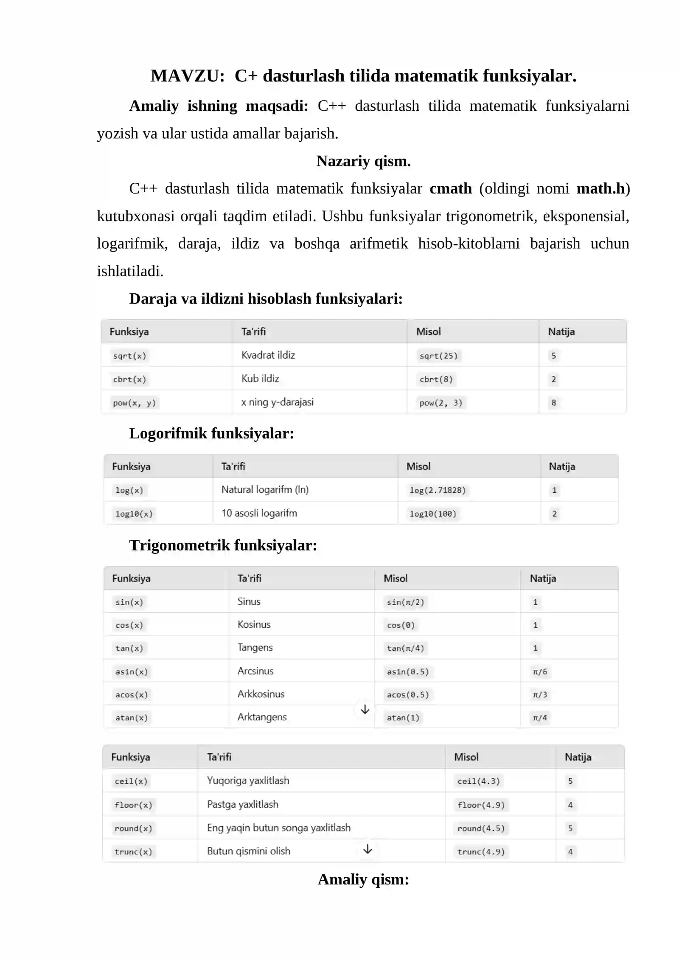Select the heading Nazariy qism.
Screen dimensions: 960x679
tap(363, 161)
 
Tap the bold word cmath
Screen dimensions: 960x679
tap(451, 188)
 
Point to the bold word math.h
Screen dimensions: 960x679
tap(601, 188)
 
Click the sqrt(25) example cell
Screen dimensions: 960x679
tap(438, 356)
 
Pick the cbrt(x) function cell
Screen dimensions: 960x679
tap(129, 379)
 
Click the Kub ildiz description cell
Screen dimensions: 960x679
tap(260, 379)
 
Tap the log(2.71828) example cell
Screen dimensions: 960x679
tap(438, 490)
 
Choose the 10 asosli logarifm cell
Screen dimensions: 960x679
tap(259, 513)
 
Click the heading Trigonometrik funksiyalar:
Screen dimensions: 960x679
tap(223, 545)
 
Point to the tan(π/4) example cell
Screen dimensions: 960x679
tap(405, 648)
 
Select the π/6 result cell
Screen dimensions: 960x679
tap(540, 671)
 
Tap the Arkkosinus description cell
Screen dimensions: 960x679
tap(261, 694)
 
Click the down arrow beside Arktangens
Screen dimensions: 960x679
tap(365, 710)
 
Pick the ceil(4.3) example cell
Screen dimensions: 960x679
tap(479, 781)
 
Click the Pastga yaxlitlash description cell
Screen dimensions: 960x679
tap(243, 804)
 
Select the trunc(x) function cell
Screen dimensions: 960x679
tap(133, 851)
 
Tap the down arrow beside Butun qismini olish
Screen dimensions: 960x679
tap(368, 849)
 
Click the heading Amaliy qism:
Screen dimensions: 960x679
tap(363, 879)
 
